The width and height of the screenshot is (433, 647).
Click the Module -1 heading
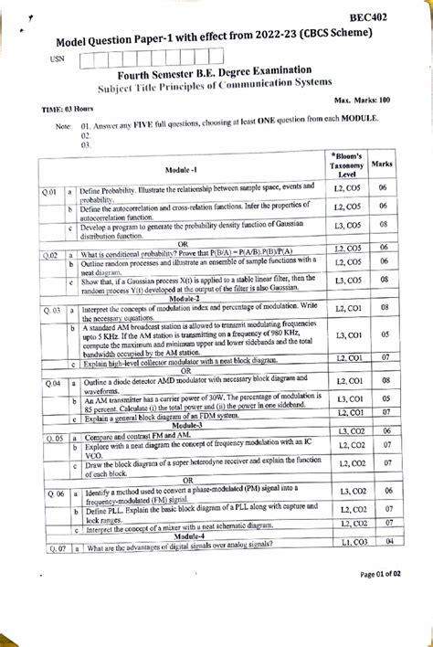(183, 171)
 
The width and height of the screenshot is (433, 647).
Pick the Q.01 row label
(50, 193)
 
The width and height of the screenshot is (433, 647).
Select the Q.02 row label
(50, 255)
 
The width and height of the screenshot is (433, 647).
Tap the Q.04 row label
(51, 382)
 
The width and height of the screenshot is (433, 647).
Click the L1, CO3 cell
(347, 544)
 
